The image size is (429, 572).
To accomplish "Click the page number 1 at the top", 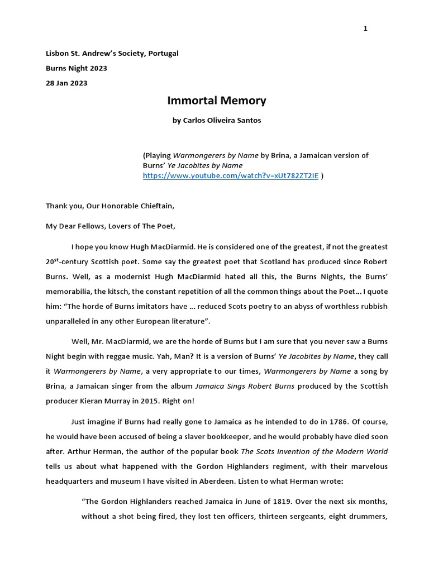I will (x=365, y=29).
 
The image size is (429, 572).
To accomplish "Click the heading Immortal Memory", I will (x=217, y=101).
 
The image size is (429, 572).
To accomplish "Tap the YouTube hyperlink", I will (x=231, y=175).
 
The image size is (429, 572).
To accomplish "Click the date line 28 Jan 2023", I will (x=66, y=83).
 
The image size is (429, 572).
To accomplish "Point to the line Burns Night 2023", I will (x=77, y=68).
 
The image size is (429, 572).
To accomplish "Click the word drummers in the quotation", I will (x=369, y=517).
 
